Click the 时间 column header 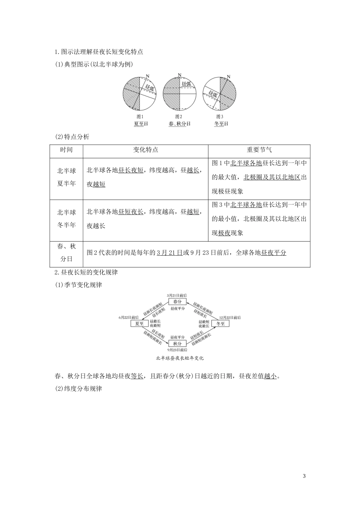(x=66, y=150)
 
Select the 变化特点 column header (x=146, y=150)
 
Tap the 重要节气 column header (x=259, y=150)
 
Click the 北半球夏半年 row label (x=66, y=177)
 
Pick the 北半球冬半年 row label (x=66, y=219)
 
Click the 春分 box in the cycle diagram (x=177, y=301)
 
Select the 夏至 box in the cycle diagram (x=139, y=323)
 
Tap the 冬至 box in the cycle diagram (x=220, y=323)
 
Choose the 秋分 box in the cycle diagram (x=177, y=343)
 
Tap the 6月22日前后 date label (x=128, y=317)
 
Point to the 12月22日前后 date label (x=230, y=317)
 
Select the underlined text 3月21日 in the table (x=169, y=253)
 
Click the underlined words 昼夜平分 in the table (x=274, y=253)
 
